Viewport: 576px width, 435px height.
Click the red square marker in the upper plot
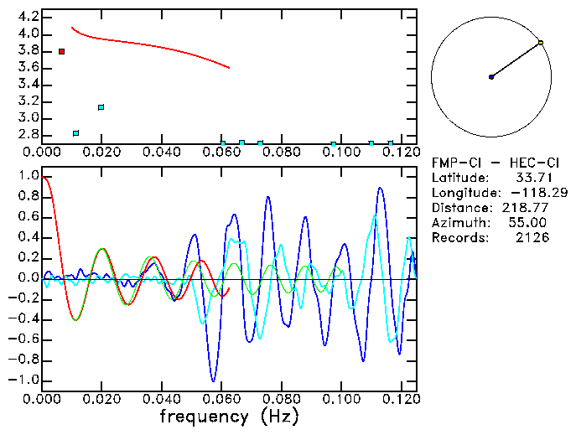(x=61, y=52)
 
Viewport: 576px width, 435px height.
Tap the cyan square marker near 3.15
(x=101, y=107)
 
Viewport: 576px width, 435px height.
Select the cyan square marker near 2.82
(x=76, y=133)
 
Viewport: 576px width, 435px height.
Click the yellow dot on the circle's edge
(x=541, y=43)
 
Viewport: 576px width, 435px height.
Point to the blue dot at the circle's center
(x=491, y=77)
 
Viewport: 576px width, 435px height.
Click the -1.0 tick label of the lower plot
(x=26, y=380)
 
